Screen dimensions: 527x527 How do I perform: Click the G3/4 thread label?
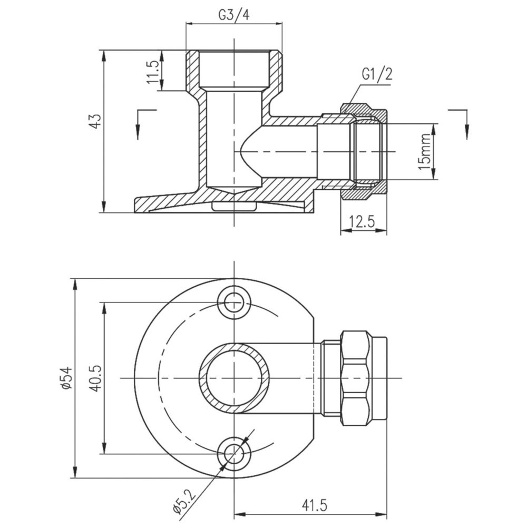[235, 15]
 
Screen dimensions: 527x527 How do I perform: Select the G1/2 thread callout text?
[377, 74]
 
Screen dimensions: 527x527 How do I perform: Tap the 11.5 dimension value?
[153, 72]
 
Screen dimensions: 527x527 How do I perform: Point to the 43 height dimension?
[95, 121]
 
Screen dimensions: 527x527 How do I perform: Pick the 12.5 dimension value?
[362, 222]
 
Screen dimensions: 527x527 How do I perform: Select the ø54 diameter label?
[66, 378]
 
